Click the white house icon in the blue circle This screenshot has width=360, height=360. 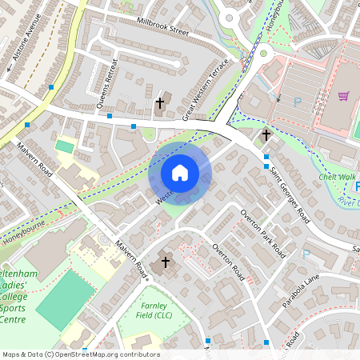click(x=180, y=173)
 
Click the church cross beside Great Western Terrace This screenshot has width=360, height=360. click(x=159, y=103)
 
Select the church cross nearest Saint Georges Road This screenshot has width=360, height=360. click(x=266, y=135)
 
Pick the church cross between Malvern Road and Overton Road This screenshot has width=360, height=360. click(x=166, y=262)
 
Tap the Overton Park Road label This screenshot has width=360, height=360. click(x=263, y=232)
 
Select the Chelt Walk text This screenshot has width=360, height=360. click(x=337, y=177)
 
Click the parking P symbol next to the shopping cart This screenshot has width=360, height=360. click(x=298, y=102)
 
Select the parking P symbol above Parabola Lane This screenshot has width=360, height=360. click(x=306, y=255)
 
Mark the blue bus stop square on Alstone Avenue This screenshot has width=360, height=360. click(x=51, y=86)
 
